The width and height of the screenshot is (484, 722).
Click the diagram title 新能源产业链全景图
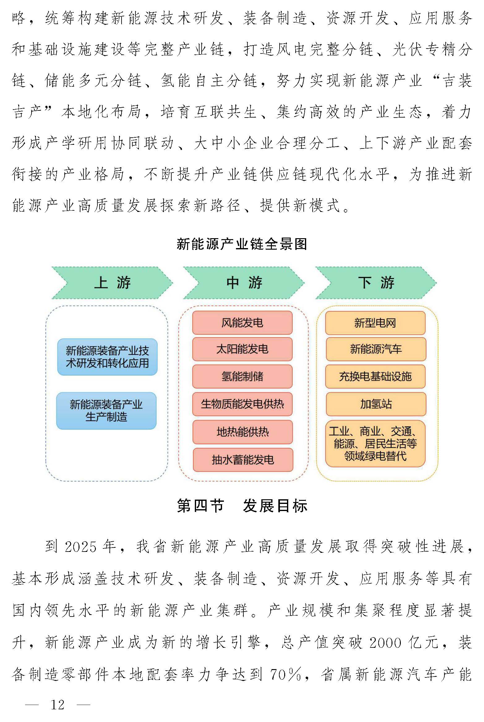pyautogui.click(x=242, y=244)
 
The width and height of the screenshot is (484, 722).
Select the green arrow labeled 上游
pyautogui.click(x=112, y=283)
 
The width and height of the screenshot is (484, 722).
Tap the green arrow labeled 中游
pyautogui.click(x=244, y=283)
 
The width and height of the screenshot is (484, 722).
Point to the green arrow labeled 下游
pyautogui.click(x=376, y=283)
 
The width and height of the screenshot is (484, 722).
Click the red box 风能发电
pyautogui.click(x=242, y=323)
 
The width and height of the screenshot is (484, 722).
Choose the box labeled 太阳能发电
pyautogui.click(x=242, y=349)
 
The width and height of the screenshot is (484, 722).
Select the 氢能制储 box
pyautogui.click(x=242, y=376)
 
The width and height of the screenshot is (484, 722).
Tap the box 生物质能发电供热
pyautogui.click(x=242, y=404)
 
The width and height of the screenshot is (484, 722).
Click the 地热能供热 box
pyautogui.click(x=242, y=432)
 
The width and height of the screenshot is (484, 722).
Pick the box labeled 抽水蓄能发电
pyautogui.click(x=243, y=460)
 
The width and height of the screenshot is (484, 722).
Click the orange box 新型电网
pyautogui.click(x=375, y=323)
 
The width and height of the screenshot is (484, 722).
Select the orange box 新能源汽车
pyautogui.click(x=376, y=349)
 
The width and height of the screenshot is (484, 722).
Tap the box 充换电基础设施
pyautogui.click(x=375, y=376)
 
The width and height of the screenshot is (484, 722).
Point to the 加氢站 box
pyautogui.click(x=376, y=404)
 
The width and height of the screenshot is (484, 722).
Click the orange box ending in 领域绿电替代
pyautogui.click(x=375, y=444)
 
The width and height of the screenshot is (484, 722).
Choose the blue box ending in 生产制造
pyautogui.click(x=106, y=411)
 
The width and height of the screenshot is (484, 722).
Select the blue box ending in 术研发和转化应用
pyautogui.click(x=107, y=357)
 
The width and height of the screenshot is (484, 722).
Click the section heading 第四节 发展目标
pyautogui.click(x=242, y=506)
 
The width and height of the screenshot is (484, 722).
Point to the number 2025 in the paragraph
pyautogui.click(x=80, y=547)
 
